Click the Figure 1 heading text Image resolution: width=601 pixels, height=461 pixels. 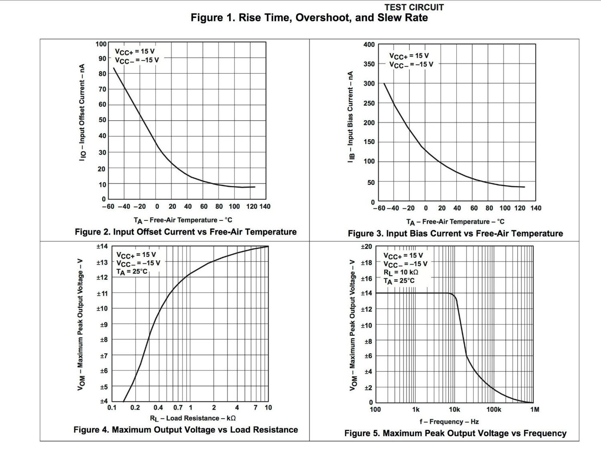coord(309,18)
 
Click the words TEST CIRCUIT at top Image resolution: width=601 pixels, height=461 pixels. coord(414,7)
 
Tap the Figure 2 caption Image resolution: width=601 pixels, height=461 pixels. coord(185,232)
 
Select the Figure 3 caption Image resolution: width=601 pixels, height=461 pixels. coord(455,234)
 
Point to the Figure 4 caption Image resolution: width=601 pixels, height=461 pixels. coord(185,430)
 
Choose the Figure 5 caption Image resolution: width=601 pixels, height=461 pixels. coord(455,434)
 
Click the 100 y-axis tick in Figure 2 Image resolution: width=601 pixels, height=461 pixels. coord(101,44)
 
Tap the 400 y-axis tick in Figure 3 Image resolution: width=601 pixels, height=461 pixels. coord(369,45)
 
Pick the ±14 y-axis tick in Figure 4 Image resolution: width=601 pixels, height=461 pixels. coord(102,247)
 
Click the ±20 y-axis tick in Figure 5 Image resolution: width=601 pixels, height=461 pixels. coord(366,247)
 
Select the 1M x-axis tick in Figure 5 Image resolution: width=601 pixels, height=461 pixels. coord(534,410)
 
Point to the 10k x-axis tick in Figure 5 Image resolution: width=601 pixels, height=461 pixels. coord(455,410)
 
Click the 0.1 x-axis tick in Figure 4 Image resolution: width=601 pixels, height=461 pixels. coord(112,407)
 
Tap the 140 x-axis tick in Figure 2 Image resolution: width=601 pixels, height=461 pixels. coord(265,207)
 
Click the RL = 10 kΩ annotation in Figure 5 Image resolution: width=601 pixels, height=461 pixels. coord(401,272)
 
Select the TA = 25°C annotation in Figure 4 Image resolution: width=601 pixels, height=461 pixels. coord(131,271)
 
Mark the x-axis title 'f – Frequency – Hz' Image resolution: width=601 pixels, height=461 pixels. coord(449,422)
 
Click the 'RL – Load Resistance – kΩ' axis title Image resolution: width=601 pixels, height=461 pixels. coord(192,418)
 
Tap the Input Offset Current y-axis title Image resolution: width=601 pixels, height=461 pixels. coord(82,112)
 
